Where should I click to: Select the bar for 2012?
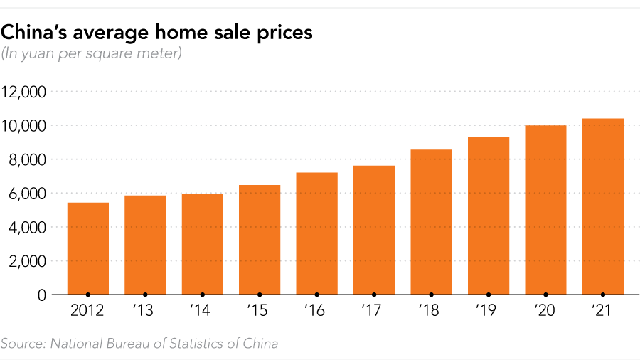click(88, 248)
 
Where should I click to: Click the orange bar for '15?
click(260, 240)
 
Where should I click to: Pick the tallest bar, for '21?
click(602, 206)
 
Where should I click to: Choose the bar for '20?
click(545, 210)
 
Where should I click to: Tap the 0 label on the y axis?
click(42, 295)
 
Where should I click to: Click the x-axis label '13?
click(145, 311)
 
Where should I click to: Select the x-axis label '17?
click(373, 311)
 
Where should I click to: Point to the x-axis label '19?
click(488, 311)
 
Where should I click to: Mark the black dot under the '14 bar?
click(203, 294)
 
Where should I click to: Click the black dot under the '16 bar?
click(316, 294)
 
